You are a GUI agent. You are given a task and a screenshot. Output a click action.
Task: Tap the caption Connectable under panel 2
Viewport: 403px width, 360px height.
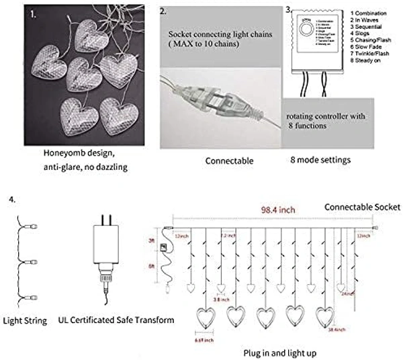(x=228, y=161)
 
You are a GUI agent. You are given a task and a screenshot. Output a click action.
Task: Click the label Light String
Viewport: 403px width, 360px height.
(x=25, y=321)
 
